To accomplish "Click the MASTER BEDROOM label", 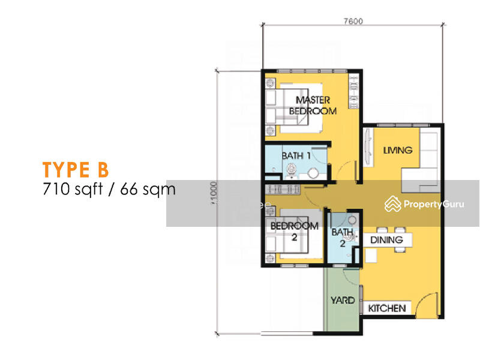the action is [x=313, y=106].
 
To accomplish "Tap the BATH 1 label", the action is [x=296, y=156].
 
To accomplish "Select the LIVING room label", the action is [x=398, y=150].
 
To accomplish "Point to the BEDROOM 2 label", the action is [x=294, y=232].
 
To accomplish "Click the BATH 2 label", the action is [x=343, y=238].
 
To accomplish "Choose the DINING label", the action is [x=386, y=239].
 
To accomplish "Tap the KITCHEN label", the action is [x=387, y=308].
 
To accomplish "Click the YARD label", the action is [x=343, y=301].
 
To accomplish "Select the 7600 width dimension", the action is [x=353, y=21].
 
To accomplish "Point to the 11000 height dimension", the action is [x=214, y=193].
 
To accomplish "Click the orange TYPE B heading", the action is [x=76, y=170].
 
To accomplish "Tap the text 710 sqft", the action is [x=73, y=189].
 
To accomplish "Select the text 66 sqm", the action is [x=148, y=189].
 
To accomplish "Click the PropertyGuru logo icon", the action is [x=393, y=204].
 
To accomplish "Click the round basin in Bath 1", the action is [x=313, y=173].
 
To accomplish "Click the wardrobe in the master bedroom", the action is [x=353, y=91].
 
